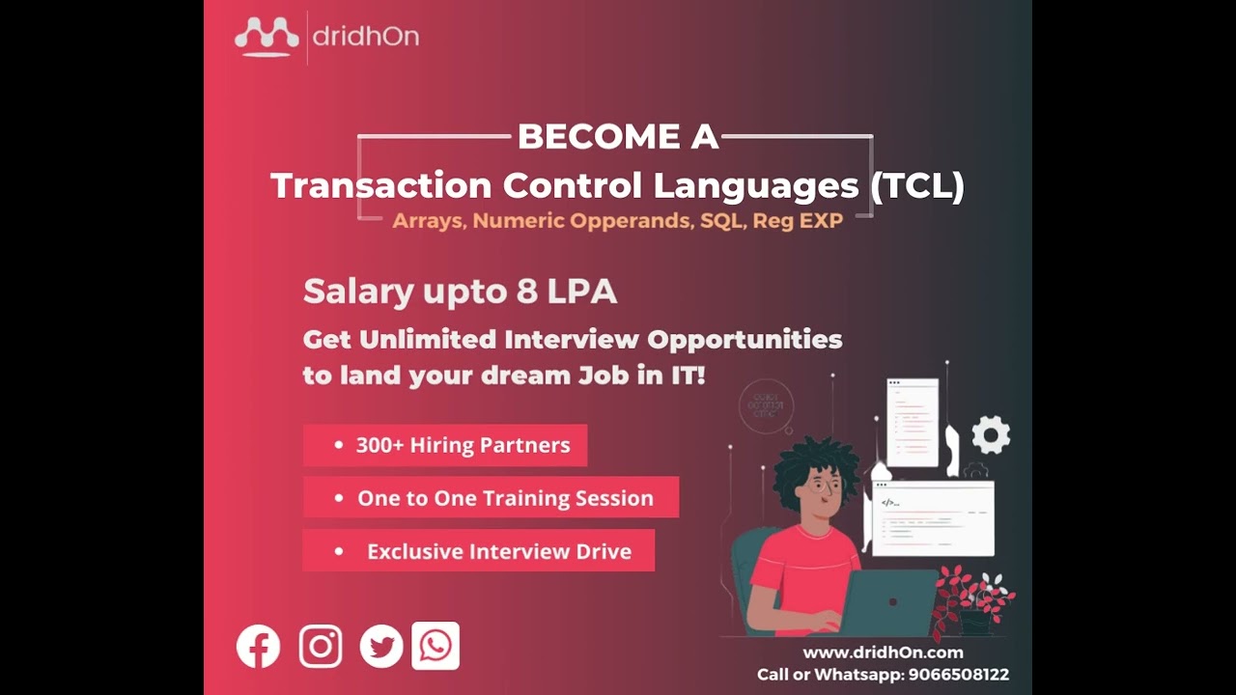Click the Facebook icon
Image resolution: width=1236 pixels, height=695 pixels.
(258, 647)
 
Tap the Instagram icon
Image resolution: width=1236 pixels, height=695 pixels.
(321, 647)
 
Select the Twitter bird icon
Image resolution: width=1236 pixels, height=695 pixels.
(381, 647)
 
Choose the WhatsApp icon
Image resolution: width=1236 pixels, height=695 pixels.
(435, 646)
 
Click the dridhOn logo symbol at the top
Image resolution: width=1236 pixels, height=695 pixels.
(267, 38)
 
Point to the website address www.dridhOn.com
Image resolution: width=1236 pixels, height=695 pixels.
(883, 653)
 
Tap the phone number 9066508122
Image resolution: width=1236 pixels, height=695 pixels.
(958, 675)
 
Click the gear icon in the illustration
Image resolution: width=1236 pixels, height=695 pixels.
(991, 435)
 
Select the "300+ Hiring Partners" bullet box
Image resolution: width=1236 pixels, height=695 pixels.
(445, 446)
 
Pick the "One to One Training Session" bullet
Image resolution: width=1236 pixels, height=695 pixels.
(491, 498)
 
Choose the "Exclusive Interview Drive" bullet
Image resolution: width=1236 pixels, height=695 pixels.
(479, 551)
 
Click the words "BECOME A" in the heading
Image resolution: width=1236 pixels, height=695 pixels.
(618, 137)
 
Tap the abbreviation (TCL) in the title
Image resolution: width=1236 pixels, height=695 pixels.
(916, 184)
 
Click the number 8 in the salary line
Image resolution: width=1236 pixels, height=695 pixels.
(526, 292)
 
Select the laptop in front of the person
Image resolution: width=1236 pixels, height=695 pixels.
(889, 602)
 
